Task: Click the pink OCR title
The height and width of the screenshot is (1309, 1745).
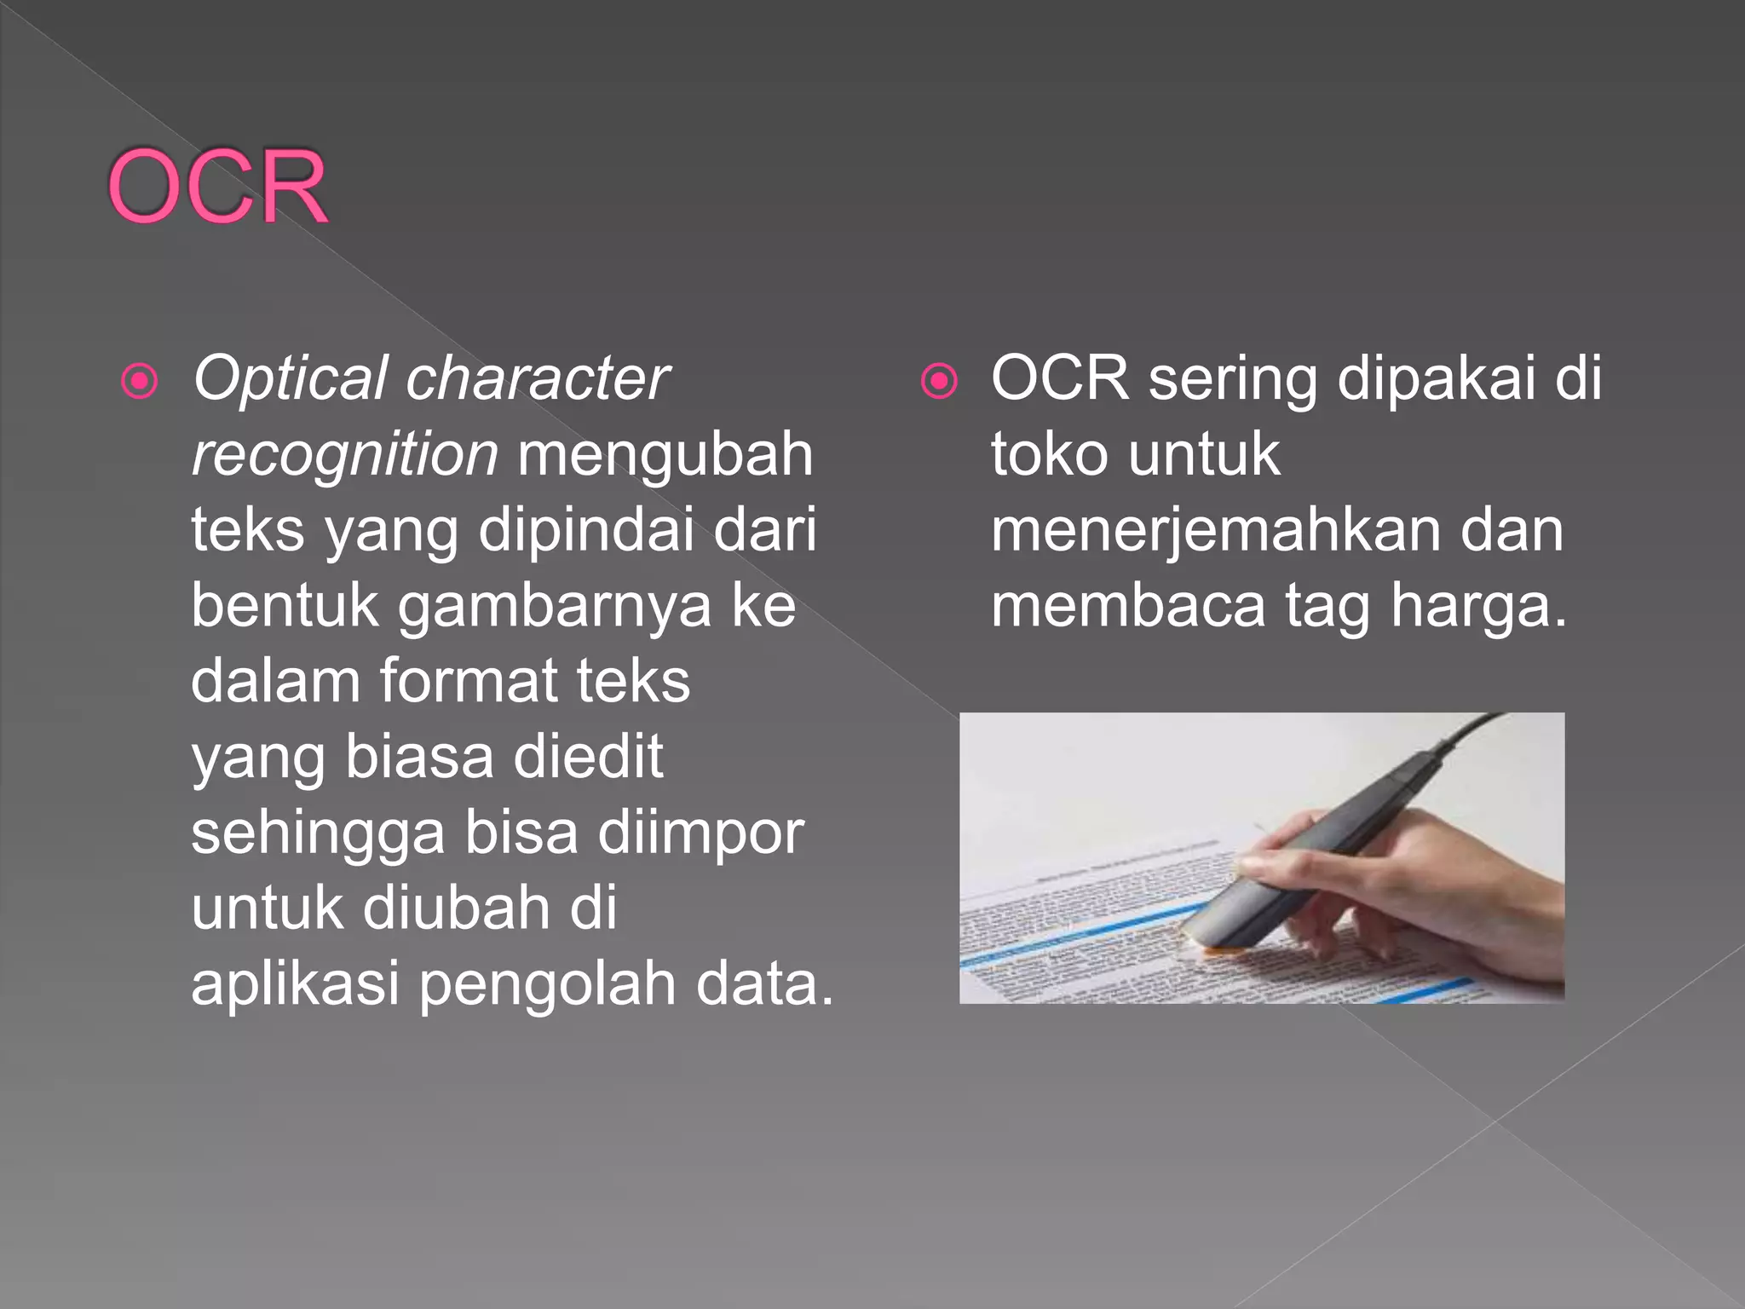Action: [217, 187]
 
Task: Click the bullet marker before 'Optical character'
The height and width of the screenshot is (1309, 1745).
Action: [140, 381]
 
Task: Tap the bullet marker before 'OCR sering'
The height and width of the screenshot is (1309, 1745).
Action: [939, 381]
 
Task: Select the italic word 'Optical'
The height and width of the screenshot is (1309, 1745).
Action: [290, 379]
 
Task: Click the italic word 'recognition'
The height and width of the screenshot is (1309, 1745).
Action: [344, 454]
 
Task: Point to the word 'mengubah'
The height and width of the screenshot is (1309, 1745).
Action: [665, 454]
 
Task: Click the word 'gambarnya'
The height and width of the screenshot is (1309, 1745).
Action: [554, 607]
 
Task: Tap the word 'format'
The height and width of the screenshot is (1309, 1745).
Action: [468, 681]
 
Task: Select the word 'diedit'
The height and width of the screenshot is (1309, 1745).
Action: [588, 756]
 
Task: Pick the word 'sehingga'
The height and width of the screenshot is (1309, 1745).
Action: [318, 833]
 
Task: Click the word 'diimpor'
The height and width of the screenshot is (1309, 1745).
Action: [700, 832]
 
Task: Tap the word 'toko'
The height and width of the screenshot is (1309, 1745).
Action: [1050, 454]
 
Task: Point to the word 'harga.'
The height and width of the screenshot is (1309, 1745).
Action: [1478, 607]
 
